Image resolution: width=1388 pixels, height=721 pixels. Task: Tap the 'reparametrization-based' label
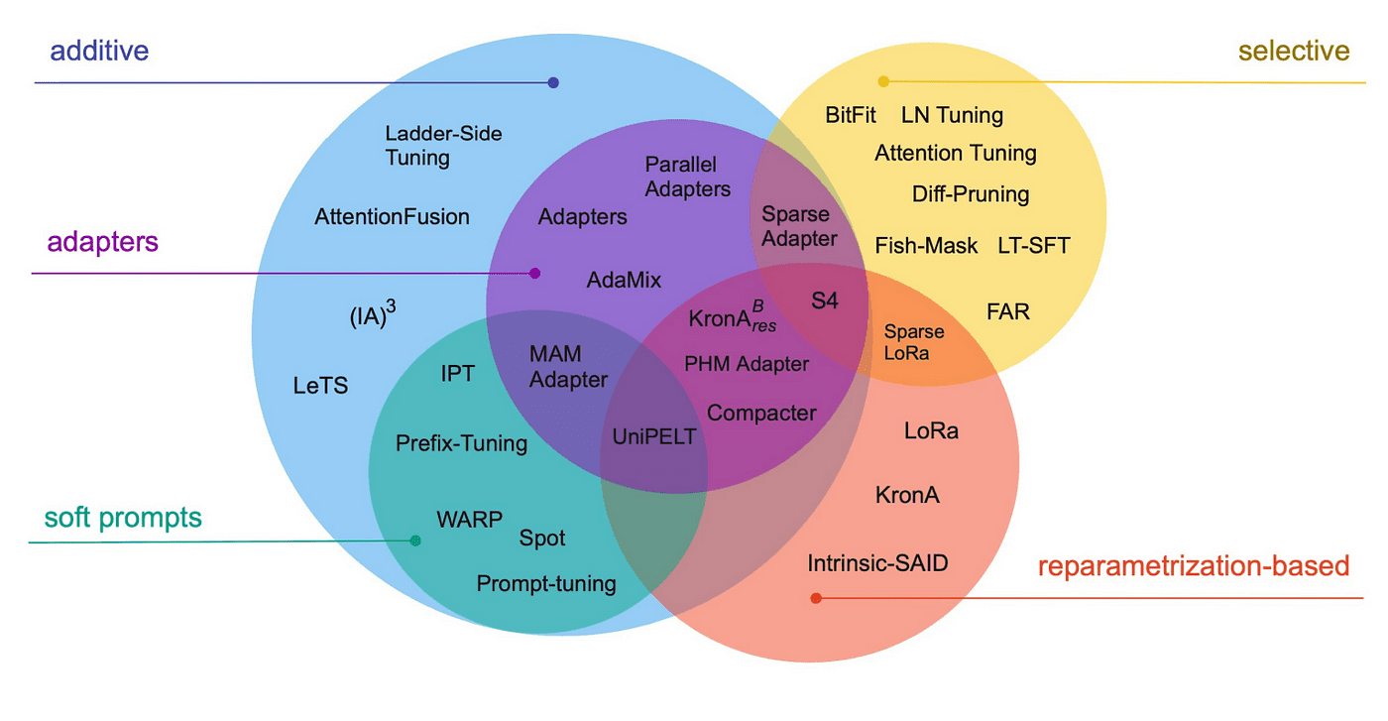[x=1194, y=566]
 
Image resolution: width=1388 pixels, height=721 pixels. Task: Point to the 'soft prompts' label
[x=123, y=517]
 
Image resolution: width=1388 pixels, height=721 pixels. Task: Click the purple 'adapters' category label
[x=102, y=241]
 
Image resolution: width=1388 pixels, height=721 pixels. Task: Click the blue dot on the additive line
[x=553, y=82]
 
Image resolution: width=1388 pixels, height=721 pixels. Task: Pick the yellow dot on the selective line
[x=883, y=81]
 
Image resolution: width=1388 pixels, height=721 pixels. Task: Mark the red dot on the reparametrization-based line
[x=816, y=598]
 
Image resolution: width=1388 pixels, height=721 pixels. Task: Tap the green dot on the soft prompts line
[x=415, y=541]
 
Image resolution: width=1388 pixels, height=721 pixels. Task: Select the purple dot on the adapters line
[x=535, y=273]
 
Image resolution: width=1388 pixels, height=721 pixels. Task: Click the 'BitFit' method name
[x=851, y=115]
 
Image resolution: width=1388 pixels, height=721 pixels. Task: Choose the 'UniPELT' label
[x=653, y=436]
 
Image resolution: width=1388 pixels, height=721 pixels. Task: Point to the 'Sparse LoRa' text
[x=914, y=342]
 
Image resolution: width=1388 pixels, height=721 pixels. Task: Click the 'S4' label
[x=824, y=300]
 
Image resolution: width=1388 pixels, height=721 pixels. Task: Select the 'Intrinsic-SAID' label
[x=877, y=563]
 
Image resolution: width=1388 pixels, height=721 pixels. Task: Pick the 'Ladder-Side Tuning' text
[x=443, y=145]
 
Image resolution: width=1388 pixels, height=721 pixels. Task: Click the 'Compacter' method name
[x=761, y=413]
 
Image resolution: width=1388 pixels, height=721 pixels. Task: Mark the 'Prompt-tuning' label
[x=546, y=584]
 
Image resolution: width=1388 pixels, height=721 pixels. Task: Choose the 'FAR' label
[x=1008, y=311]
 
